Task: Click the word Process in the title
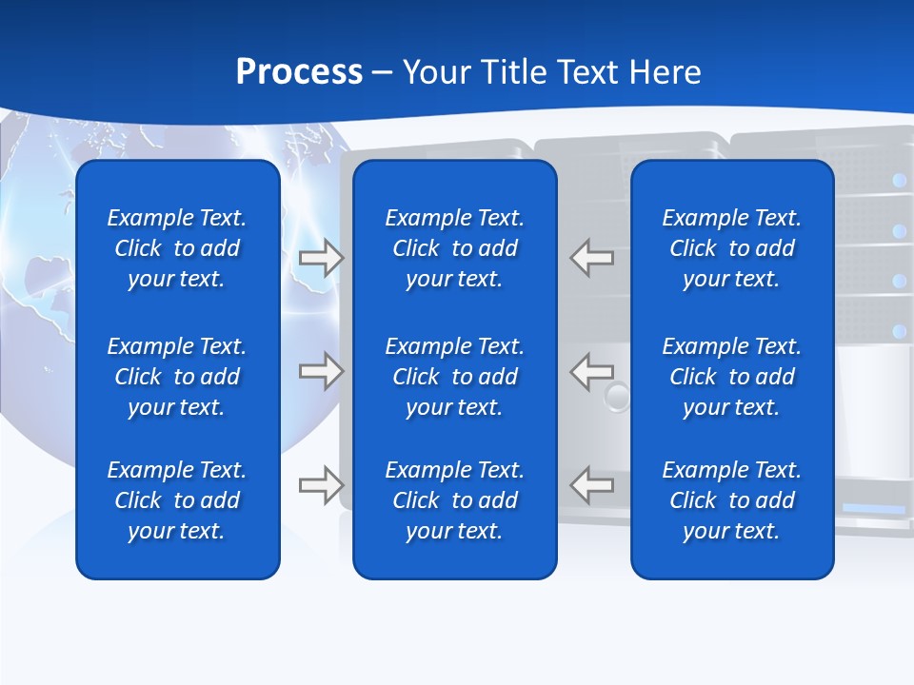(x=299, y=72)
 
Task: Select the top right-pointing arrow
(x=322, y=258)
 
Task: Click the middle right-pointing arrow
(x=322, y=370)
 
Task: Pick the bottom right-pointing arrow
(x=322, y=485)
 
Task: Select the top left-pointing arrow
(x=591, y=258)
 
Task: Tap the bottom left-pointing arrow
(x=591, y=485)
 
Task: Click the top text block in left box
(x=177, y=248)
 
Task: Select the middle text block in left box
(x=177, y=377)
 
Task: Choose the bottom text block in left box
(x=177, y=500)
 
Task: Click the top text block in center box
(x=454, y=248)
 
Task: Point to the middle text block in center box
(x=454, y=377)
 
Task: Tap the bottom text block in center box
(x=454, y=500)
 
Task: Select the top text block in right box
(x=731, y=248)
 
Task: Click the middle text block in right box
(x=731, y=377)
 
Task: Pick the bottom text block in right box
(x=731, y=500)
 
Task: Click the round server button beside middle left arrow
(x=618, y=396)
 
